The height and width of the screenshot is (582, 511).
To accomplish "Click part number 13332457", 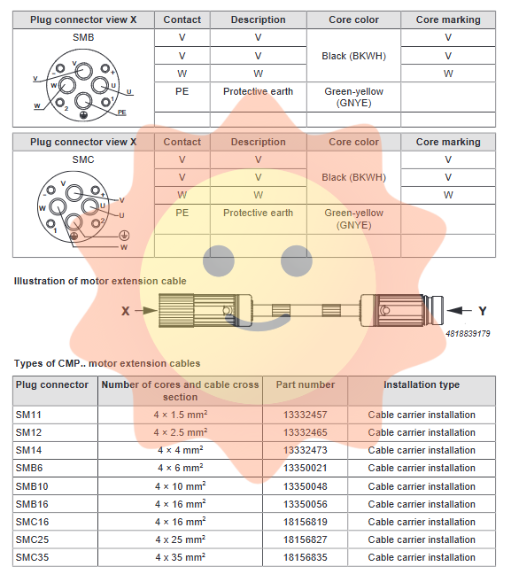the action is click(x=305, y=415).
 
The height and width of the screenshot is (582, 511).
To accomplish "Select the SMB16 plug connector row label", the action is click(x=32, y=504).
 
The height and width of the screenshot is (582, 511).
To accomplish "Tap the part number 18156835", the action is click(x=305, y=557).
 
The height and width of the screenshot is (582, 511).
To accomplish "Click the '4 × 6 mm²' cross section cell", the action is click(x=181, y=468).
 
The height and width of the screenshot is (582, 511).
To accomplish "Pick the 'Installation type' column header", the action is click(x=422, y=384).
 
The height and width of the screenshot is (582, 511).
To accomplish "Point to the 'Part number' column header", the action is click(x=305, y=384).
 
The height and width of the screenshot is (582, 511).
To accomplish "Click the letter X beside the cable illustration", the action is click(x=126, y=311).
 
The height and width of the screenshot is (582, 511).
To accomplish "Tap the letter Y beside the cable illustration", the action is click(x=482, y=311).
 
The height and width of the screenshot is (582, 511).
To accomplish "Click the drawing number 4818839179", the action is click(x=468, y=333).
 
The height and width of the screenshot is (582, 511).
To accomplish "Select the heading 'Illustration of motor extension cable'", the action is click(x=100, y=281).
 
